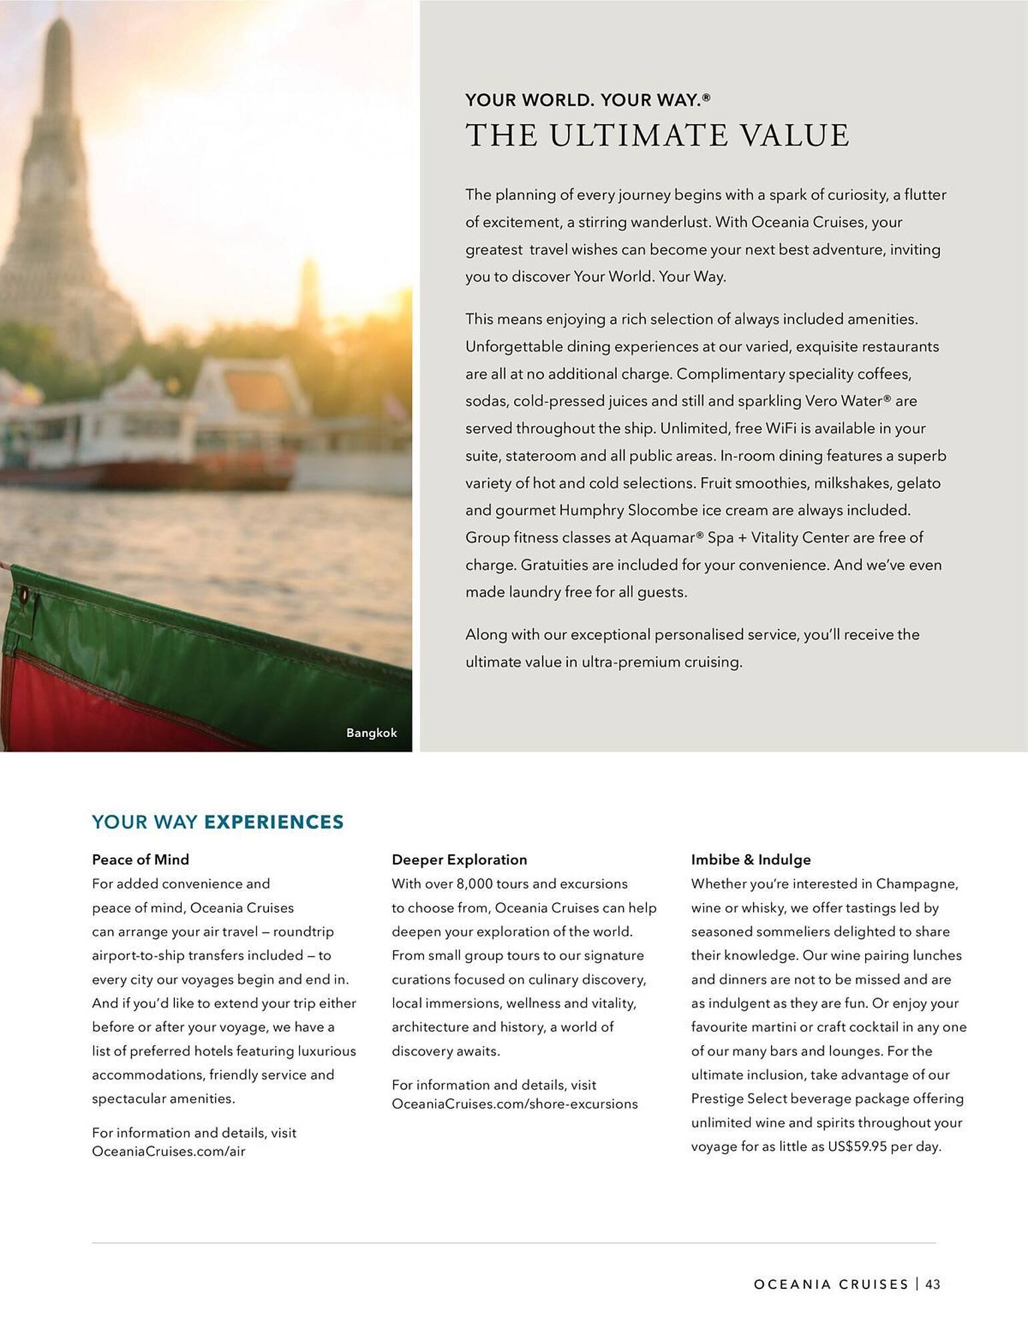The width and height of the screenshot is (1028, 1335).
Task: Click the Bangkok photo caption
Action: pyautogui.click(x=371, y=733)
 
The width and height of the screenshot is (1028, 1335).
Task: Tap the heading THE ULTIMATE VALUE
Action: pyautogui.click(x=657, y=136)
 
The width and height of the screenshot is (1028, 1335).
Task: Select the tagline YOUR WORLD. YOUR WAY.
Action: pyautogui.click(x=587, y=100)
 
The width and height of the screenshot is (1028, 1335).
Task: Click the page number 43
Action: pyautogui.click(x=933, y=1284)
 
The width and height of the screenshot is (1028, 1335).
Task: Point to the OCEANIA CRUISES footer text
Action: pyautogui.click(x=831, y=1284)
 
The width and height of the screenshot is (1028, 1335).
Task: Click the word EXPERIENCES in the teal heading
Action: pyautogui.click(x=274, y=822)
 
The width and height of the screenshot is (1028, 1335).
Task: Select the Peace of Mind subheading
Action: pyautogui.click(x=140, y=860)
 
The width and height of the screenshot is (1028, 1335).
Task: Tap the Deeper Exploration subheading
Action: pyautogui.click(x=459, y=860)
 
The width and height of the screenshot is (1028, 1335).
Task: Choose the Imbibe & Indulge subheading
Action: pyautogui.click(x=750, y=860)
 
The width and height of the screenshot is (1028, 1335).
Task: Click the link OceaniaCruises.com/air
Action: pyautogui.click(x=168, y=1151)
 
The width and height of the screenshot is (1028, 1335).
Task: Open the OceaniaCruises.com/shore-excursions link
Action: pyautogui.click(x=514, y=1103)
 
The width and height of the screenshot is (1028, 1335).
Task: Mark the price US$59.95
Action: pyautogui.click(x=857, y=1147)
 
